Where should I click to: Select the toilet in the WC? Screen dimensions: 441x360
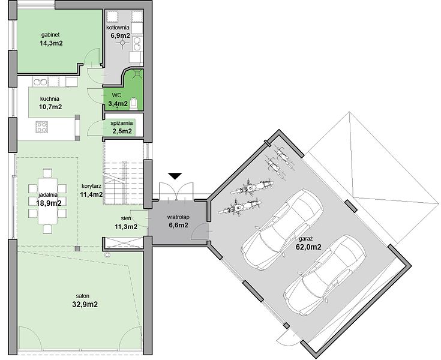pos(134,103)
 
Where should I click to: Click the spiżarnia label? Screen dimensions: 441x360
pos(121,123)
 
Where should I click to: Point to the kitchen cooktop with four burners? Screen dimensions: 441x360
pos(41,127)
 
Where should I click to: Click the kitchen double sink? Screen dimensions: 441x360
pos(40,82)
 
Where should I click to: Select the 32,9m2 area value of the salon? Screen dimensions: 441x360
pos(85,304)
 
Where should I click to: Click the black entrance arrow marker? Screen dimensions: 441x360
pos(175,176)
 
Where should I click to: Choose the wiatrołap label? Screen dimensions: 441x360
pos(178,217)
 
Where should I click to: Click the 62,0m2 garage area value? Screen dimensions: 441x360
pos(308,247)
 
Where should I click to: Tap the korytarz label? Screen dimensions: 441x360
pos(91,186)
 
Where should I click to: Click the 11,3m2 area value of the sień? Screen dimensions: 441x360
pos(126,226)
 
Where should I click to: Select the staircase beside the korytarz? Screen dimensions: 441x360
pos(124,173)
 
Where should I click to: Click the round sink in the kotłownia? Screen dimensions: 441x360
pos(137,44)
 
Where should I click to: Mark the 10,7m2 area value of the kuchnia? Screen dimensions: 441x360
pos(50,107)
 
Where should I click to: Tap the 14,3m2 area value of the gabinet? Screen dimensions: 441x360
pos(51,43)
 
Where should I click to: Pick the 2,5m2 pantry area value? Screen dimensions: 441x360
pos(122,131)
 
